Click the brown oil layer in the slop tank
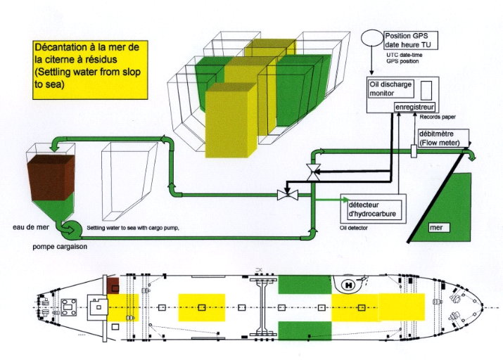[49, 180]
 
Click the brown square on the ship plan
[113, 285]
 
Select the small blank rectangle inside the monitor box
[427, 89]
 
